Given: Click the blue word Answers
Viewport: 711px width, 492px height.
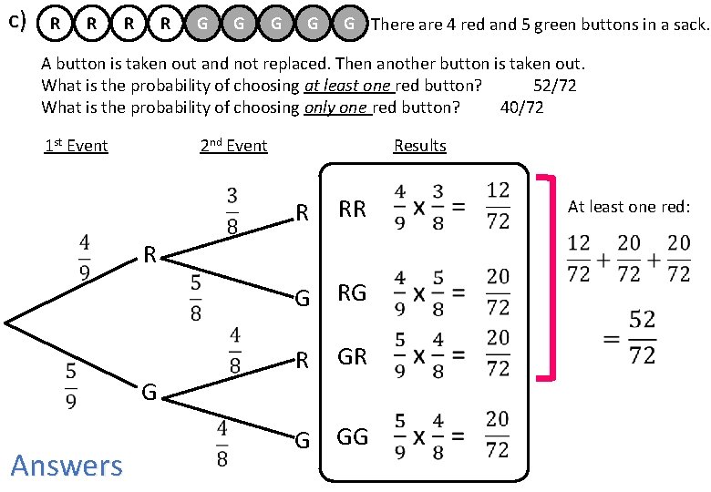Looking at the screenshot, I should point(66,466).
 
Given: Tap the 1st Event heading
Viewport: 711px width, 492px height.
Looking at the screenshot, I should point(76,146).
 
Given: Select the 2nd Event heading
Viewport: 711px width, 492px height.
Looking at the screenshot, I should point(233,146).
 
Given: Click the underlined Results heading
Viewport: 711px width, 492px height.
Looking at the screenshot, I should point(419,146).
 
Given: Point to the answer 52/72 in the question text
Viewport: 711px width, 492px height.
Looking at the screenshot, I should point(554,87).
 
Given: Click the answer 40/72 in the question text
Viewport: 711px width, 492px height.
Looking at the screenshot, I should point(522,107).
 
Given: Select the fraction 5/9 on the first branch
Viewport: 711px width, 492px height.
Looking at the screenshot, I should point(71,387).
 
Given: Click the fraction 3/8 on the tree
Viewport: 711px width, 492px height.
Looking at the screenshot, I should point(232,211).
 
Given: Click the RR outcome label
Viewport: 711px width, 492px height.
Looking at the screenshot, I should point(352,210).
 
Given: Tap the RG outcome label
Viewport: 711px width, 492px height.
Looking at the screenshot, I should point(352,293).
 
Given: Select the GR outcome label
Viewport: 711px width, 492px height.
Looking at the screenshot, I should point(352,357).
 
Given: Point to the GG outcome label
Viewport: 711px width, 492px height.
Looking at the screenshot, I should point(352,437).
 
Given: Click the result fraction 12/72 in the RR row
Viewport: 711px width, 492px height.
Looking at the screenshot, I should point(498,206).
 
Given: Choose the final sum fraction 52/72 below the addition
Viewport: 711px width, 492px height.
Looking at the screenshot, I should point(642,337).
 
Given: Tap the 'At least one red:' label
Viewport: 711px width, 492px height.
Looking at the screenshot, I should point(629,207).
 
